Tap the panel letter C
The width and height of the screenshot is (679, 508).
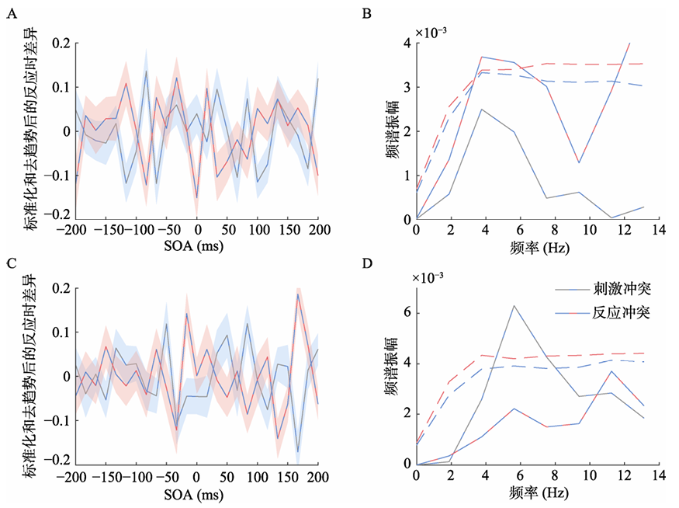coord(11,261)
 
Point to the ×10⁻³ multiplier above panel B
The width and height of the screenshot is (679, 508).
coord(435,33)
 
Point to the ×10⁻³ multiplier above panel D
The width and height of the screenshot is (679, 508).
coord(435,277)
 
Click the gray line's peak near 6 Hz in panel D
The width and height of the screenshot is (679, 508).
coord(513,305)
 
